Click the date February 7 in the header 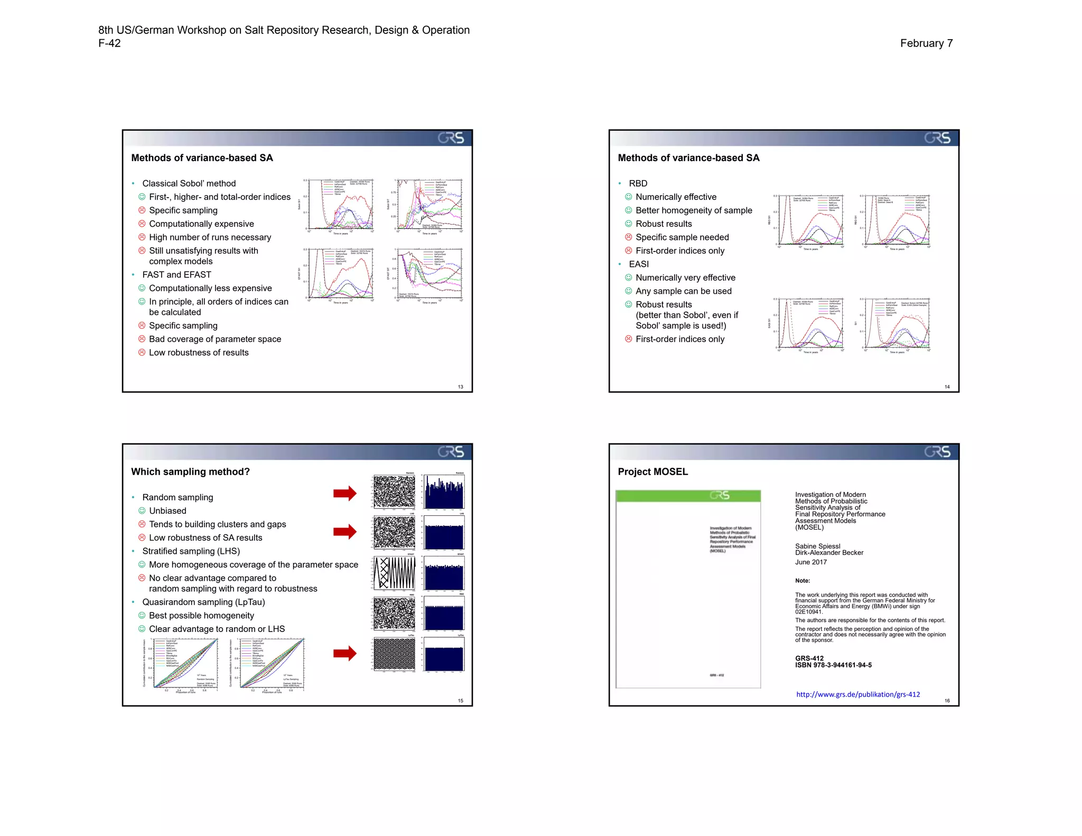pyautogui.click(x=926, y=43)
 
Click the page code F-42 pyautogui.click(x=109, y=43)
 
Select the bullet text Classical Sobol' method pyautogui.click(x=189, y=183)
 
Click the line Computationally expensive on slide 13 pyautogui.click(x=201, y=224)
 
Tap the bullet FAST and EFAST pyautogui.click(x=176, y=275)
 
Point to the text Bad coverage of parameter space pyautogui.click(x=214, y=339)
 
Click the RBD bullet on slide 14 pyautogui.click(x=638, y=183)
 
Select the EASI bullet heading pyautogui.click(x=638, y=264)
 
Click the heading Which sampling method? pyautogui.click(x=190, y=472)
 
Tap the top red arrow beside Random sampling pyautogui.click(x=345, y=493)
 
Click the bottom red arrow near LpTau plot pyautogui.click(x=345, y=654)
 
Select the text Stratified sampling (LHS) pyautogui.click(x=191, y=551)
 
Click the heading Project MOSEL pyautogui.click(x=652, y=472)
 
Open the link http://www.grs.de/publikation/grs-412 pyautogui.click(x=857, y=694)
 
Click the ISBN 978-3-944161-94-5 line pyautogui.click(x=833, y=665)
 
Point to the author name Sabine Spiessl pyautogui.click(x=817, y=546)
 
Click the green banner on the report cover pyautogui.click(x=688, y=496)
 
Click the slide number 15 pyautogui.click(x=460, y=701)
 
